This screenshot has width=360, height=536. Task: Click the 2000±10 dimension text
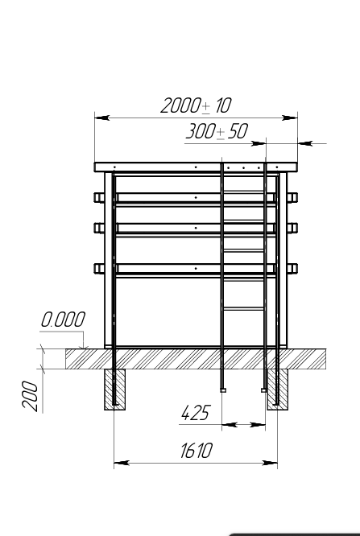tap(196, 105)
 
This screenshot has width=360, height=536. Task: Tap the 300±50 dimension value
tap(217, 131)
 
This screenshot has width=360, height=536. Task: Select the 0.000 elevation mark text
tap(63, 320)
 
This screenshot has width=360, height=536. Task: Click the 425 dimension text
tap(195, 413)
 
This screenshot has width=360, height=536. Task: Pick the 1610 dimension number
tap(196, 450)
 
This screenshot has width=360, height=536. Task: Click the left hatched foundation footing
tap(114, 390)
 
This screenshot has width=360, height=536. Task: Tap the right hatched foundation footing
tap(278, 390)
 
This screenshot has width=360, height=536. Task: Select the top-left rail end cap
tap(99, 198)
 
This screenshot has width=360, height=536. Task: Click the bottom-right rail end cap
tap(292, 268)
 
